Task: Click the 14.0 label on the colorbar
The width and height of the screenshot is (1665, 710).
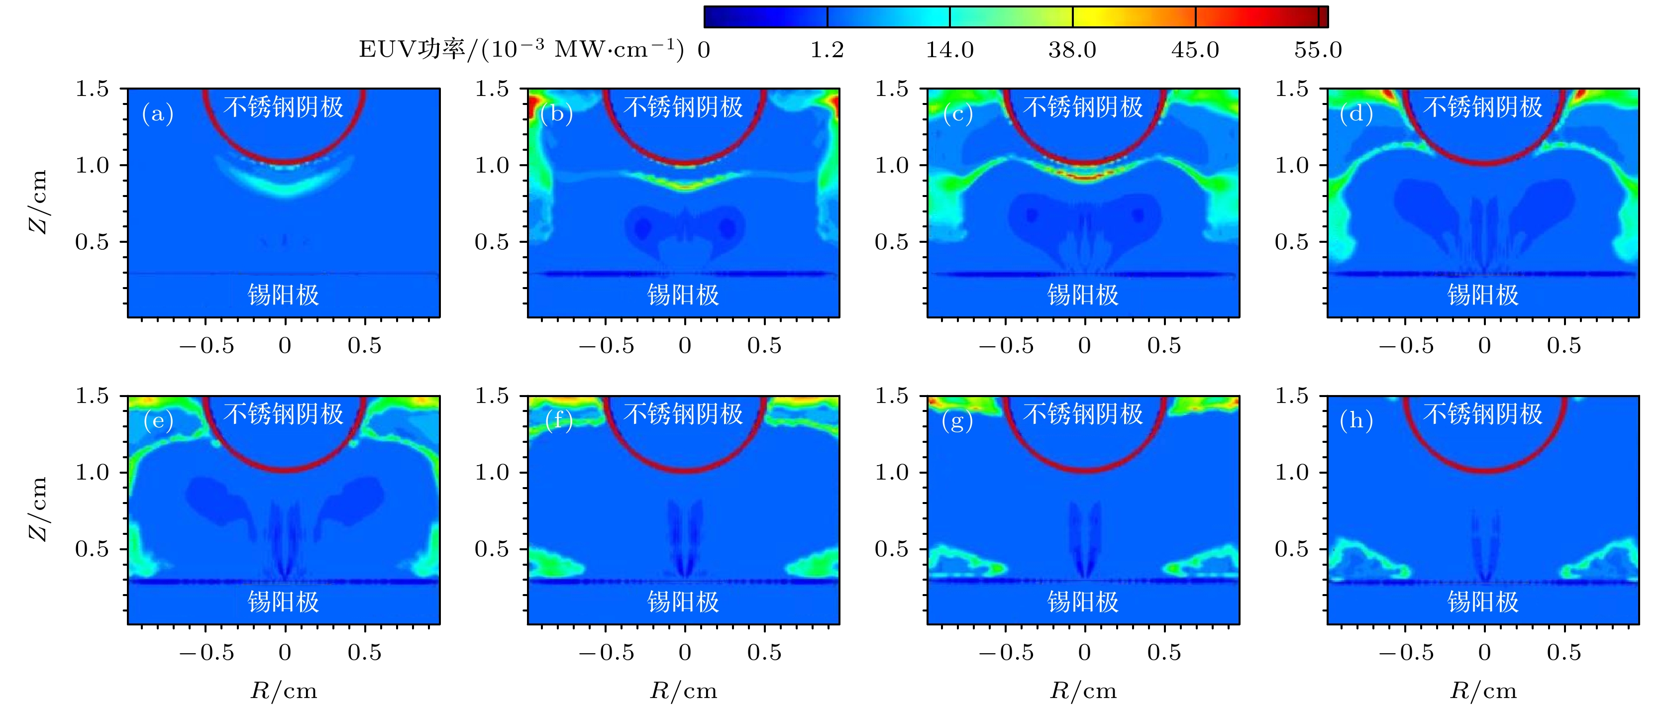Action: coord(949,50)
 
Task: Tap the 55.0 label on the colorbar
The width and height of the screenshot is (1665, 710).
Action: coord(1317,50)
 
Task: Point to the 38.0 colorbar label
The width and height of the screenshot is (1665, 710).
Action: coord(1072,50)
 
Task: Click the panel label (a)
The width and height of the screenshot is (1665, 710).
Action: coord(158,114)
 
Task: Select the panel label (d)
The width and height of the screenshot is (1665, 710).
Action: coord(1356,114)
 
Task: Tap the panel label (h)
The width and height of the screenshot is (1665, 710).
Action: coord(1356,420)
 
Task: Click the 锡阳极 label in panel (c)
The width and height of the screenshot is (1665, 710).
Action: coord(1083,295)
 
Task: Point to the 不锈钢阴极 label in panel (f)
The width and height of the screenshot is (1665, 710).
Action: coord(683,413)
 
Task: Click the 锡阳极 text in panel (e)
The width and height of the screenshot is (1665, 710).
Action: coord(284,602)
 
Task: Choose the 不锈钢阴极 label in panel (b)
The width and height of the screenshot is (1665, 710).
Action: coord(683,106)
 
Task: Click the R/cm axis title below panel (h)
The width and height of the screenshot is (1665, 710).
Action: coord(1483,691)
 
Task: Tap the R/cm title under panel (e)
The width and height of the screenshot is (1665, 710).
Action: coord(284,691)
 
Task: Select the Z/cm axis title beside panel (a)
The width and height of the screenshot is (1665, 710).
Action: coord(39,202)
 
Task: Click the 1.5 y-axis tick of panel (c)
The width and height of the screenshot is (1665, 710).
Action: coord(891,89)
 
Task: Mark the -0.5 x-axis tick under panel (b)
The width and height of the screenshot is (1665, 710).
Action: coord(606,346)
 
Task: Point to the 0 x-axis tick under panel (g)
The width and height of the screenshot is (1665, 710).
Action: coord(1084,652)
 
